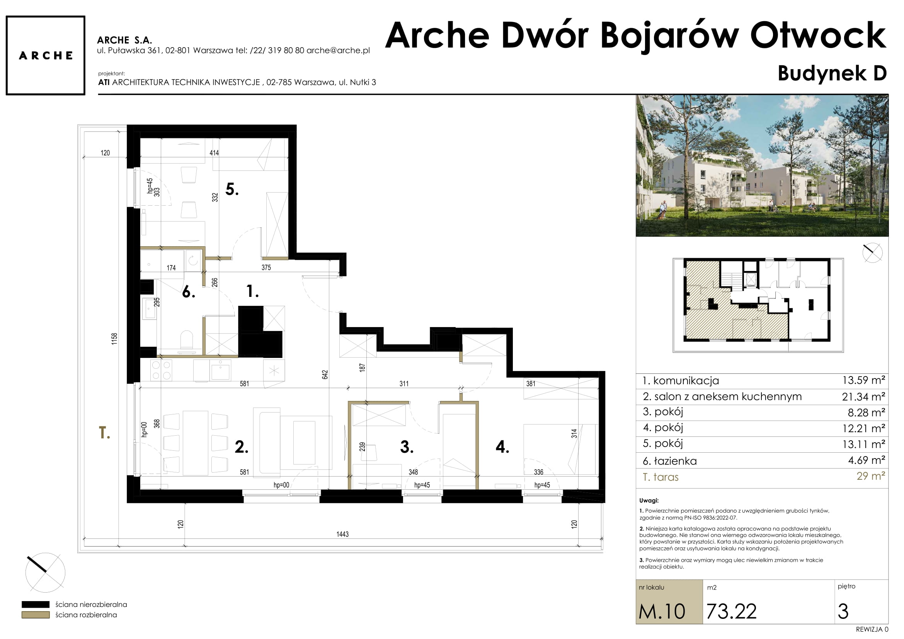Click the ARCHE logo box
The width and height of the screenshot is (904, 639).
45,55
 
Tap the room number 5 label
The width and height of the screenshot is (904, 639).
232,189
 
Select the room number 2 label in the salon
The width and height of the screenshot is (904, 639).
241,447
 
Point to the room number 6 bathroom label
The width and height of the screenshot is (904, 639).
189,292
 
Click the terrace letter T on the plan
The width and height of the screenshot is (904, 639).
104,433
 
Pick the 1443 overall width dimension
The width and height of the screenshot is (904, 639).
342,534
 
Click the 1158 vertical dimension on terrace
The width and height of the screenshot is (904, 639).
114,339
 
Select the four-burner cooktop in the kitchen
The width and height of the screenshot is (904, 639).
162,370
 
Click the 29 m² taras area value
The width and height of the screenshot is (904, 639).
871,476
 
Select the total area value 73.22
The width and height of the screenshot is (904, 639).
731,612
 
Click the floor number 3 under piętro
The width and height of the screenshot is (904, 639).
843,612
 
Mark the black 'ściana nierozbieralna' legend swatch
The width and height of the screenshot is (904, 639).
36,604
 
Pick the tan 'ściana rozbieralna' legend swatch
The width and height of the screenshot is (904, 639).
36,615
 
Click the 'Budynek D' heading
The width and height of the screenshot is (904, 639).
832,73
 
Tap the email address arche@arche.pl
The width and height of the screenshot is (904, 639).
338,50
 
